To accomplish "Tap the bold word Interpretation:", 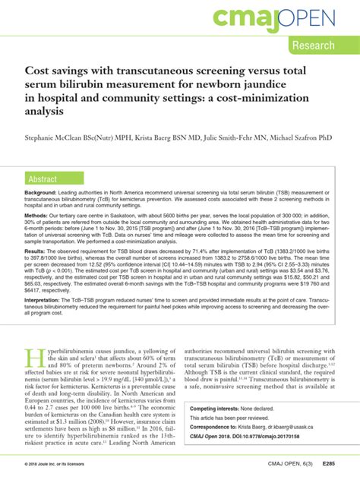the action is pos(46,297).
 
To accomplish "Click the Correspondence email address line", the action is pos(258,428).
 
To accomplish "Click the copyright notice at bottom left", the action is pos(57,463).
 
